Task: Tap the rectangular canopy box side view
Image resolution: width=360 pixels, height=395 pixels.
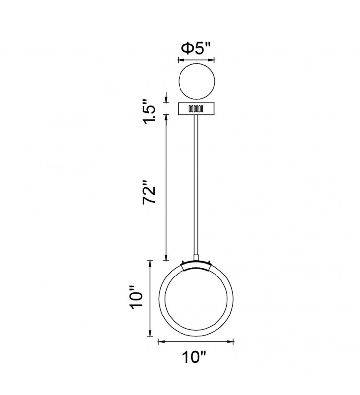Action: tap(196, 108)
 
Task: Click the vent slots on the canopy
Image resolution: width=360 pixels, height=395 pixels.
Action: tap(196, 108)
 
